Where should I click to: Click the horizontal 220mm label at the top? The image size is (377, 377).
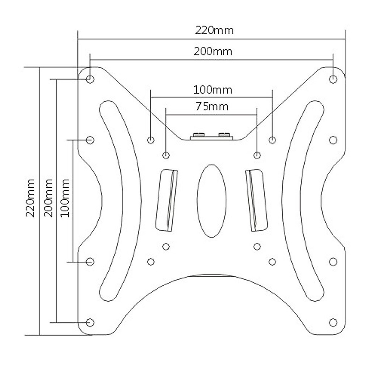tap(215, 30)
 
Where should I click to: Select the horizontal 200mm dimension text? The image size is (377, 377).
tap(213, 51)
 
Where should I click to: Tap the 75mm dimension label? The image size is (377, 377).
tap(212, 107)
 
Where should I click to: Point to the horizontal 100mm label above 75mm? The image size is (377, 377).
tap(213, 90)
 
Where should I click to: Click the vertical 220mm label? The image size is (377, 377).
tap(30, 198)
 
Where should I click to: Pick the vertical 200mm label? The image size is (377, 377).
tap(48, 198)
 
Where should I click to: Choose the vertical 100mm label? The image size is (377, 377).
tap(65, 198)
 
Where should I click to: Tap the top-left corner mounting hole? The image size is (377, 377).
tap(90, 79)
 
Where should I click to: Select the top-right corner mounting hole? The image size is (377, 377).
tap(333, 79)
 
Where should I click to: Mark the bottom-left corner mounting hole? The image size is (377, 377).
tap(90, 322)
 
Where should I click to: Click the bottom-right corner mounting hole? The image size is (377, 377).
tap(333, 322)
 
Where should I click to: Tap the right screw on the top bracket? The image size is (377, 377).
tap(224, 135)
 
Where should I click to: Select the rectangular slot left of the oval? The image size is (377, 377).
tap(167, 200)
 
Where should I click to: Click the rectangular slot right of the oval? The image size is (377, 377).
tap(256, 200)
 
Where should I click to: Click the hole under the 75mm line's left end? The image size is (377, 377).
tap(166, 155)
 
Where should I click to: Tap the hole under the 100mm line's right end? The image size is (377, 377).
tap(272, 139)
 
